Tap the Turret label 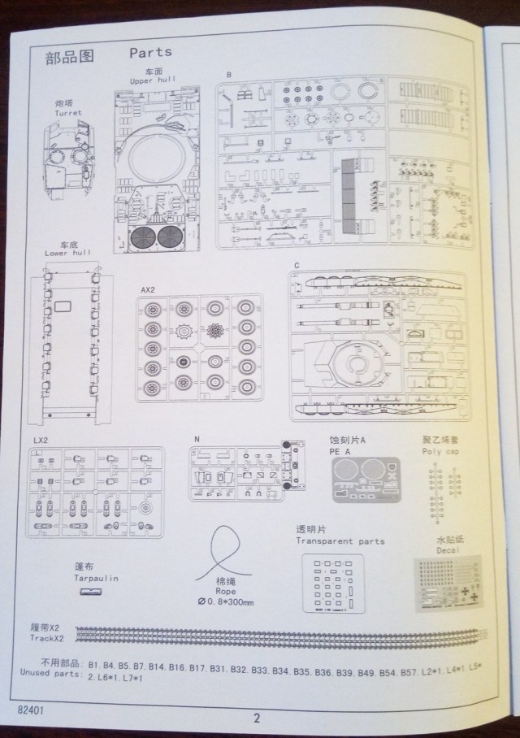click(x=68, y=113)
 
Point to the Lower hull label click(x=67, y=254)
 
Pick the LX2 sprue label click(x=42, y=441)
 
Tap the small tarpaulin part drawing click(x=90, y=593)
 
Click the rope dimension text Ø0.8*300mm click(x=227, y=601)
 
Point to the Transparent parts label click(x=340, y=541)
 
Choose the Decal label click(x=448, y=549)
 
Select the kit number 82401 click(x=31, y=709)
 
